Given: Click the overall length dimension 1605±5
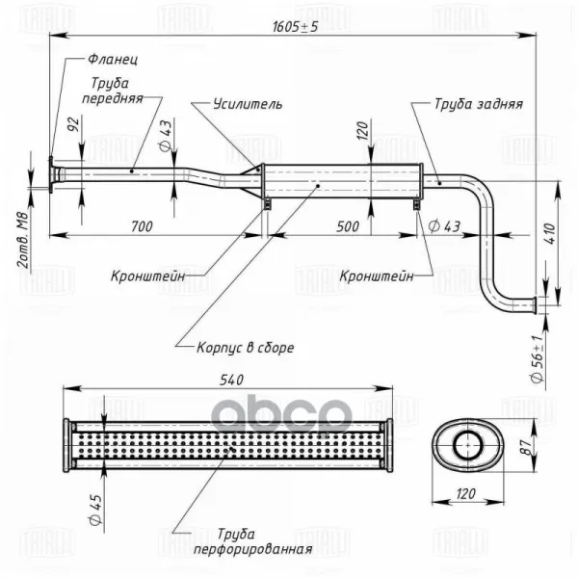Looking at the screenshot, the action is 295,27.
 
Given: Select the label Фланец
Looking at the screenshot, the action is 113,60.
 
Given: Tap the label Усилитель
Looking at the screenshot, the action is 248,104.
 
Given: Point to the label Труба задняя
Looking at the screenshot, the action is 479,104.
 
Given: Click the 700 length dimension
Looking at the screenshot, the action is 142,226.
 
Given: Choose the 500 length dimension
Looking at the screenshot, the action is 348,226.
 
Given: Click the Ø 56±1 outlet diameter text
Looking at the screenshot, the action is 539,358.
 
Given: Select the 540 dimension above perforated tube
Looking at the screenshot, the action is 231,380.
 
